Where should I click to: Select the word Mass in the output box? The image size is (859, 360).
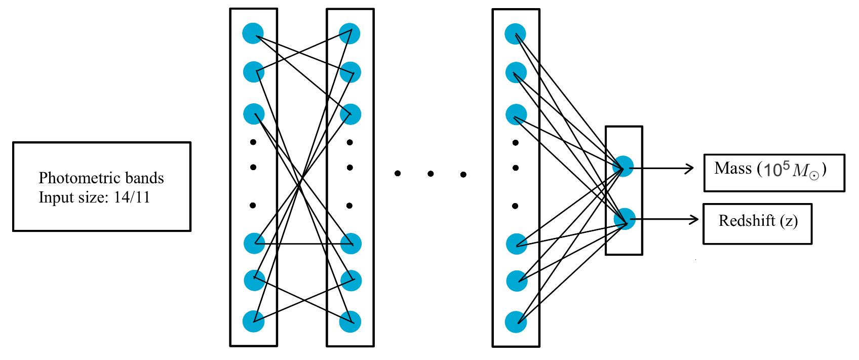[x=733, y=169]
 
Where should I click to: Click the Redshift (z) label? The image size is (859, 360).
[x=758, y=221]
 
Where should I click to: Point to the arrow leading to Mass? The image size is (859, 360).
[x=663, y=169]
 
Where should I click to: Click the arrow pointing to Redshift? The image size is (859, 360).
[x=666, y=219]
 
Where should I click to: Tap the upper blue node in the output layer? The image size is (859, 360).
[x=623, y=166]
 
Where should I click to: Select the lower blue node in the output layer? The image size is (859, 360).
[x=624, y=219]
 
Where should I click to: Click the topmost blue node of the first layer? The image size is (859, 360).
[x=253, y=33]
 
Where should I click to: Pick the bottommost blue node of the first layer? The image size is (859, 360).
[x=253, y=322]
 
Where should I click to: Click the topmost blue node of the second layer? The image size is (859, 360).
[x=349, y=33]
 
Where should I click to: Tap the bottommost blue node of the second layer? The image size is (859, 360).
[x=350, y=322]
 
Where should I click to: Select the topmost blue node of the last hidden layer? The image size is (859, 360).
[x=515, y=34]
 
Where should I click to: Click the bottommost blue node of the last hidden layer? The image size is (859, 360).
[x=516, y=322]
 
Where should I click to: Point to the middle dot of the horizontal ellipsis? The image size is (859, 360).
[x=431, y=174]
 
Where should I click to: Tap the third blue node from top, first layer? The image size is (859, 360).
[x=254, y=114]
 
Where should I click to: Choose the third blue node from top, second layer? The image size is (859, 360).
[x=350, y=114]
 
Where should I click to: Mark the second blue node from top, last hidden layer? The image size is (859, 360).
[x=516, y=73]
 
